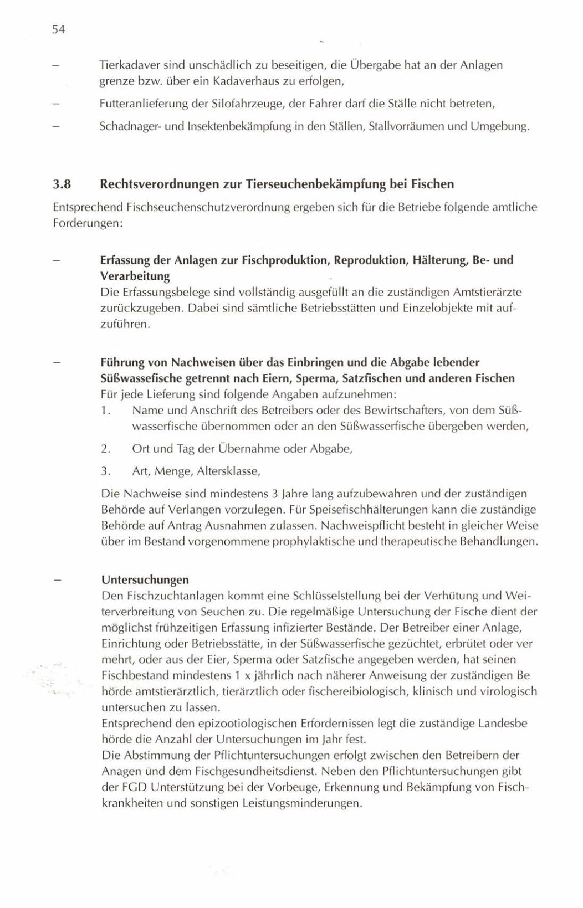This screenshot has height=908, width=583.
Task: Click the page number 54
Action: pyautogui.click(x=59, y=30)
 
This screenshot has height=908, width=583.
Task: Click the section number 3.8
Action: pyautogui.click(x=63, y=184)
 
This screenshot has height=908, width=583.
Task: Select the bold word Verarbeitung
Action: pyautogui.click(x=135, y=276)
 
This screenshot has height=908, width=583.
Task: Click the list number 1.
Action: pyautogui.click(x=105, y=411)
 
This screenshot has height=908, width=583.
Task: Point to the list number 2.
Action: pyautogui.click(x=106, y=449)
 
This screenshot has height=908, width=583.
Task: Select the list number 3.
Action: pyautogui.click(x=106, y=471)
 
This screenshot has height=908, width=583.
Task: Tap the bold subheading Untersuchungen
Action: pyautogui.click(x=145, y=580)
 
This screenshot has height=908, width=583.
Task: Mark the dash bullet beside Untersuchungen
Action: pyautogui.click(x=57, y=580)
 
